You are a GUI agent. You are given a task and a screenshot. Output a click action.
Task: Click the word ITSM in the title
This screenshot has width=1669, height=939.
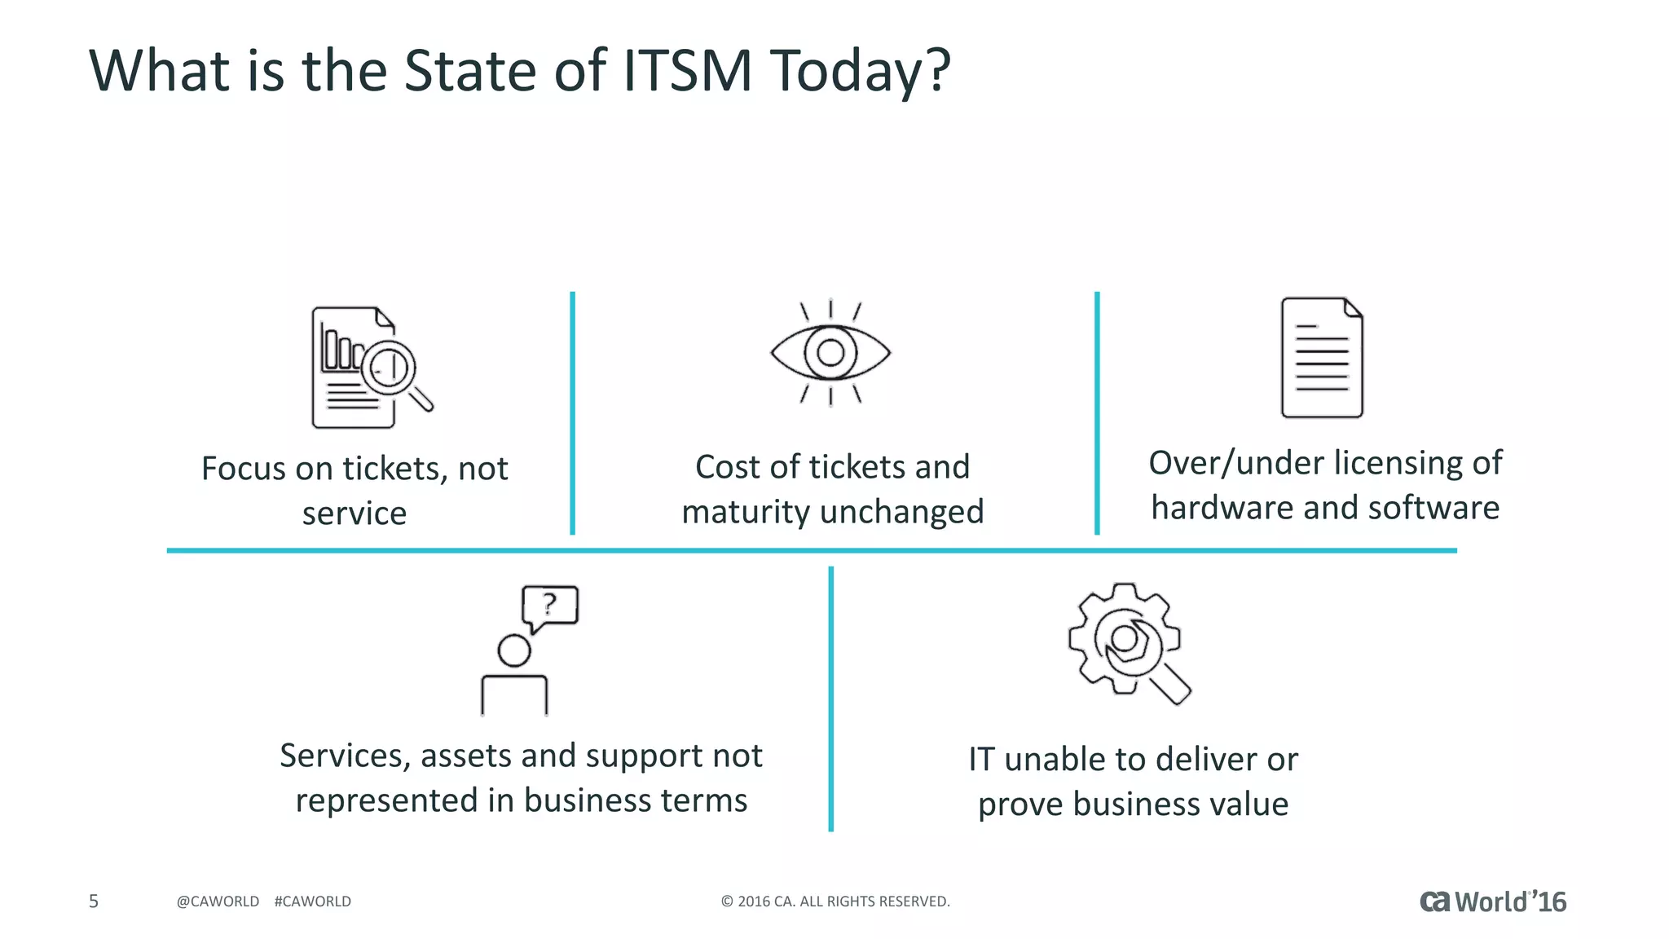(x=687, y=71)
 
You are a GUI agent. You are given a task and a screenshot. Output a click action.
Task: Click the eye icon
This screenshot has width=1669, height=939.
(x=830, y=352)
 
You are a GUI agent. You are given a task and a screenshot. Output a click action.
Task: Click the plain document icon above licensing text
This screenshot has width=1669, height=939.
(x=1321, y=358)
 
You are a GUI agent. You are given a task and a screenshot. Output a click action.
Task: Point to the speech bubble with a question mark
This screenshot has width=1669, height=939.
(x=550, y=606)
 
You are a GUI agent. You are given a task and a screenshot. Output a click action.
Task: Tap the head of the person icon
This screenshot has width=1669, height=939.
(x=514, y=650)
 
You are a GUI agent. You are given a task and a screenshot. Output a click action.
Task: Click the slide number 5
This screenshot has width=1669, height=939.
(x=94, y=901)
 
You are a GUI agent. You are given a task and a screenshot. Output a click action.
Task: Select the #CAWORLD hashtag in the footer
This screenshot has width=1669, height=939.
(x=313, y=902)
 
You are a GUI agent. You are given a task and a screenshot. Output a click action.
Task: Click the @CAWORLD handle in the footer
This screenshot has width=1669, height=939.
(x=218, y=902)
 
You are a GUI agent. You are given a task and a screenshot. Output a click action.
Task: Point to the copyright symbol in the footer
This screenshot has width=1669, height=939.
(x=727, y=902)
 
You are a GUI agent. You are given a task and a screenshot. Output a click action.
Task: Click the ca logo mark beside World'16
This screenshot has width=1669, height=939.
(x=1434, y=902)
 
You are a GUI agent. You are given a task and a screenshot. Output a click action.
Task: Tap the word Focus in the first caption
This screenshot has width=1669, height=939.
(x=244, y=469)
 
